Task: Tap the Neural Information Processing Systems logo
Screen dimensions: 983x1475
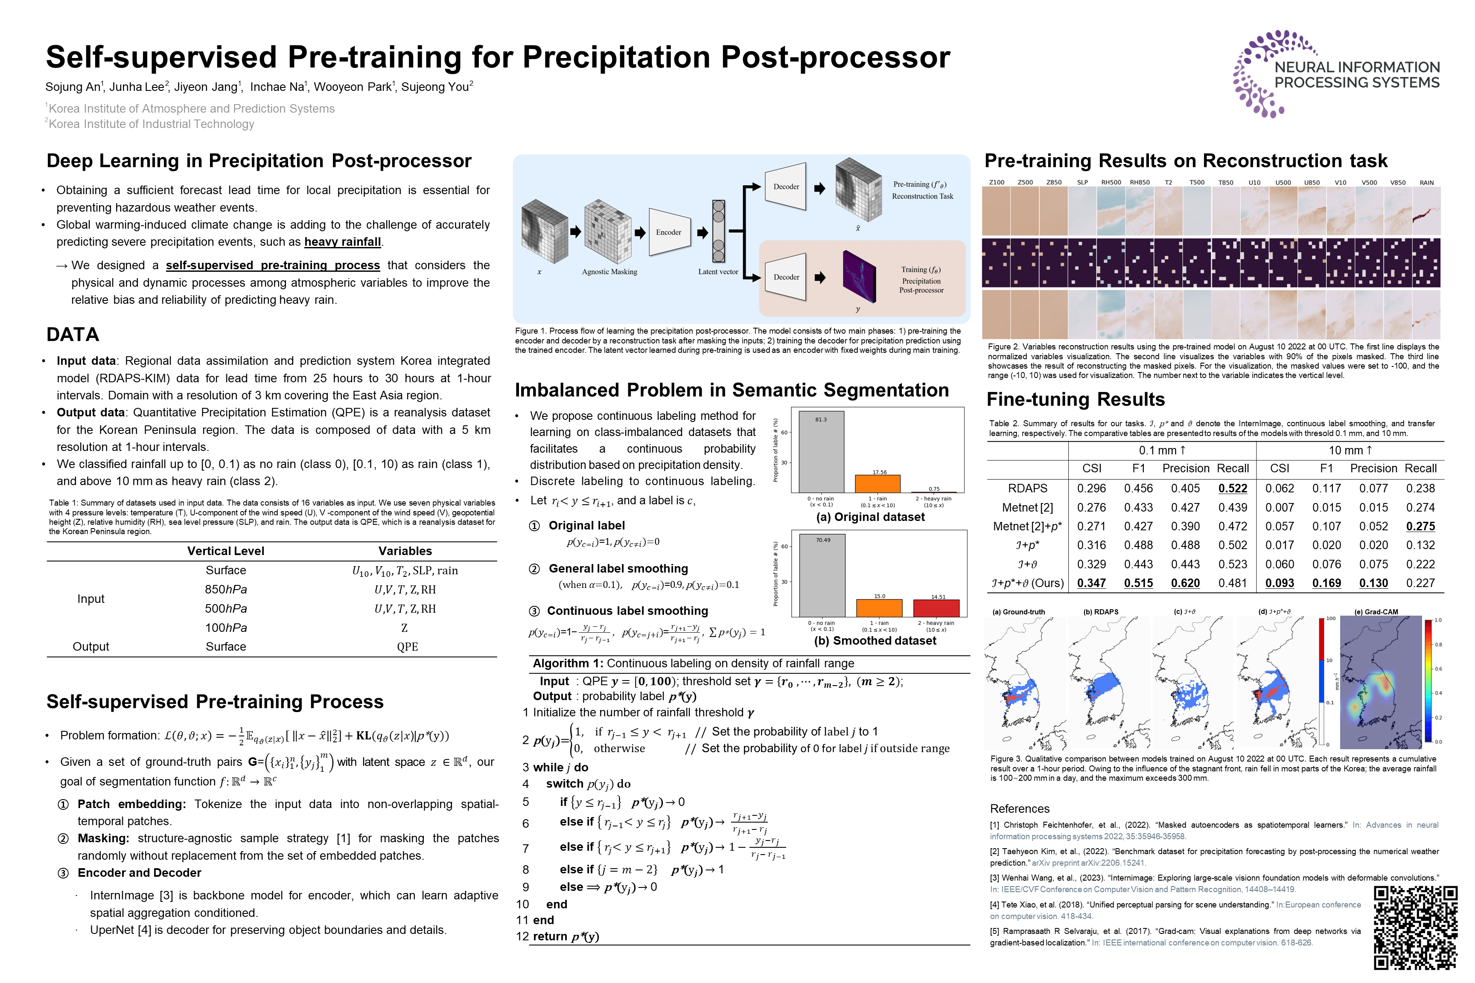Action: click(x=1336, y=74)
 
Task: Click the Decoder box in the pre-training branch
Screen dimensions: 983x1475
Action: click(x=786, y=186)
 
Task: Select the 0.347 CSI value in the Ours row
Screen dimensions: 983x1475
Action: click(x=1091, y=583)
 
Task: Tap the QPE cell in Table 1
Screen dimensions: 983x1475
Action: click(x=407, y=647)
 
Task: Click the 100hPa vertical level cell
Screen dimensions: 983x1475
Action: click(x=226, y=628)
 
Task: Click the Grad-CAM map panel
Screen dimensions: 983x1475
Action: click(x=1380, y=683)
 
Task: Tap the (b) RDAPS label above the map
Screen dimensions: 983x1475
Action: click(x=1101, y=612)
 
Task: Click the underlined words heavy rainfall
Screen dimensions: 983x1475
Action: click(x=342, y=242)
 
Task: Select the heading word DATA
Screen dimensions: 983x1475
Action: click(x=73, y=335)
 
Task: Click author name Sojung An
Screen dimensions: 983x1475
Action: click(x=72, y=87)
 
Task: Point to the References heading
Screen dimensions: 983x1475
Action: click(x=1019, y=809)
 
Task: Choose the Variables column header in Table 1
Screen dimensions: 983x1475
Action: click(x=405, y=551)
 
